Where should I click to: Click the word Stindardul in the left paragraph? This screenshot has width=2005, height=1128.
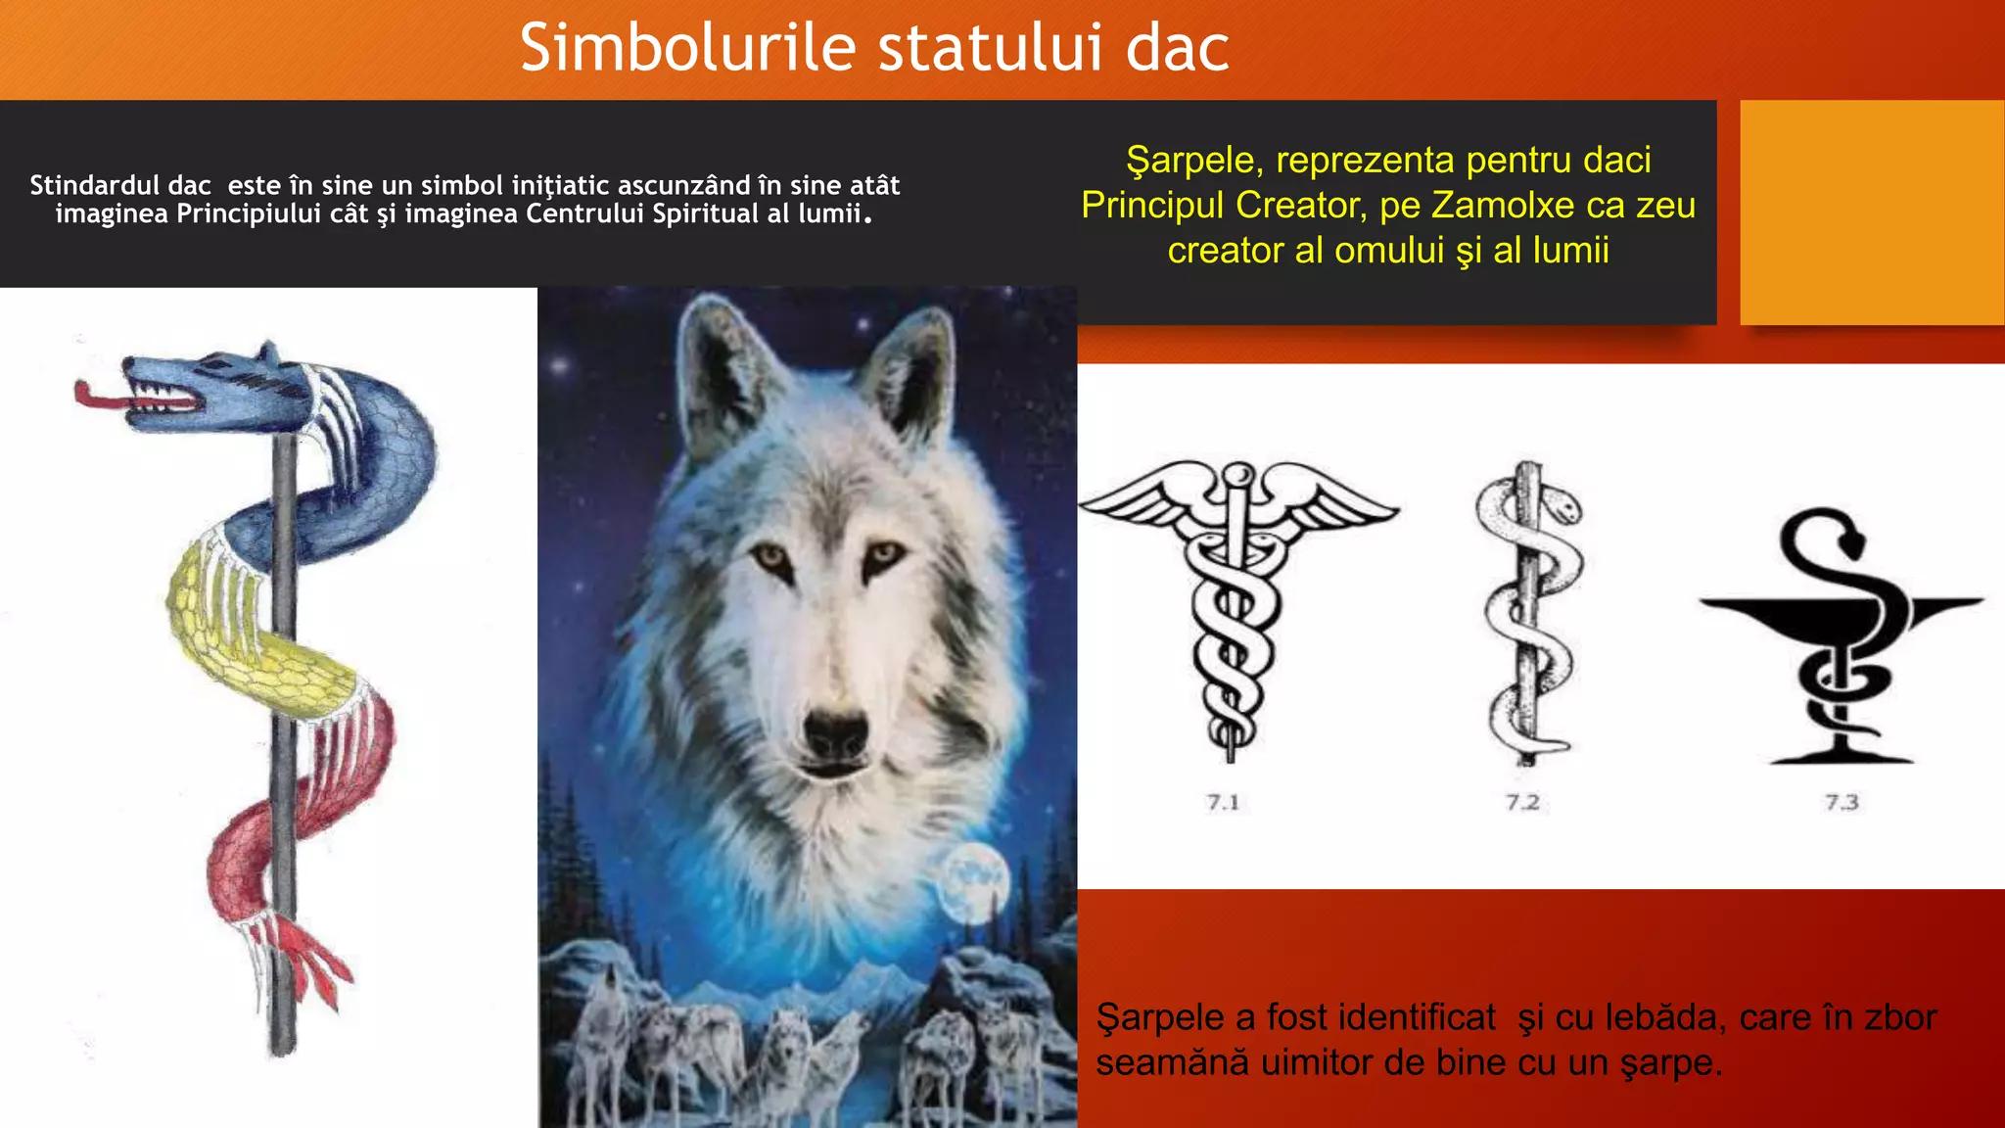(119, 185)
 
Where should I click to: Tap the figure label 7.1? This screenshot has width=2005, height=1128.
(1223, 803)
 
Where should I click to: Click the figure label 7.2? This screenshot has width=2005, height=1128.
(1522, 803)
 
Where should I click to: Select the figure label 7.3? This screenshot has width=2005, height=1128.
(1841, 803)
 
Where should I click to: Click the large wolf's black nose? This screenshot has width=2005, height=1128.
(835, 731)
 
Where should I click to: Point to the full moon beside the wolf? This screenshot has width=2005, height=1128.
(973, 880)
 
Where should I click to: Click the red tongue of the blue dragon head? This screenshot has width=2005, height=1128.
(98, 397)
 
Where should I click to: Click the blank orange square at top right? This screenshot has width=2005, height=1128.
(1871, 211)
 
